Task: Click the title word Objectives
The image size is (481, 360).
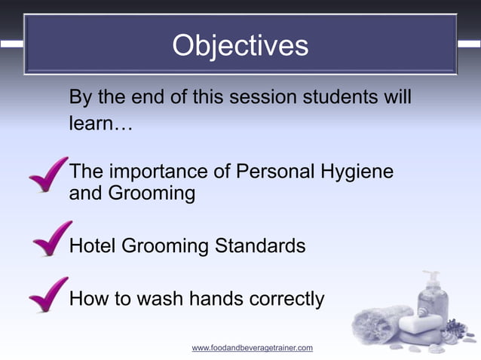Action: pyautogui.click(x=240, y=46)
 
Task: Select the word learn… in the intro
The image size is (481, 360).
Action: pyautogui.click(x=100, y=123)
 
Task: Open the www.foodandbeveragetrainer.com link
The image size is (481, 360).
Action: pyautogui.click(x=252, y=348)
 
